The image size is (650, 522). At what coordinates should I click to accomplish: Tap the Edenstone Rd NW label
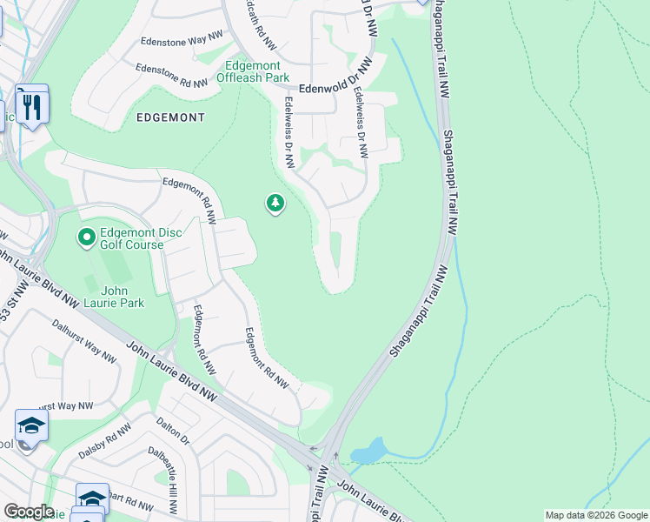[171, 76]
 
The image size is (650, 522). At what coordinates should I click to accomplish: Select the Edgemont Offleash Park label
[256, 71]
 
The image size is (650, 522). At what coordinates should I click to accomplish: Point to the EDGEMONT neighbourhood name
[170, 117]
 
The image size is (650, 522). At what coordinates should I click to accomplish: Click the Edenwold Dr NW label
[328, 89]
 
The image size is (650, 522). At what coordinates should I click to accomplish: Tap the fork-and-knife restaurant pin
[32, 105]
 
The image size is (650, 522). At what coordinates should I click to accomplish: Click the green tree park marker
[275, 204]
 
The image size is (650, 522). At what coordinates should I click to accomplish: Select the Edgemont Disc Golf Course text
[131, 238]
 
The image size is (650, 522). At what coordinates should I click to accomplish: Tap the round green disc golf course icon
[86, 237]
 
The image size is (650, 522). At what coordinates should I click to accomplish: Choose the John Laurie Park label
[116, 297]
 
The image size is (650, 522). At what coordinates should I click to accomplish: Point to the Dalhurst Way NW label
[83, 339]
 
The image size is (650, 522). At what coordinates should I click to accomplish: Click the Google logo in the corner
[28, 512]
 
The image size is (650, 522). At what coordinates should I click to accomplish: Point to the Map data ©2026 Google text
[595, 515]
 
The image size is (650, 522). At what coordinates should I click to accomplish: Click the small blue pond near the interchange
[368, 452]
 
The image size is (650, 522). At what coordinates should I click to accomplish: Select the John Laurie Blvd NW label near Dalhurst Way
[170, 369]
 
